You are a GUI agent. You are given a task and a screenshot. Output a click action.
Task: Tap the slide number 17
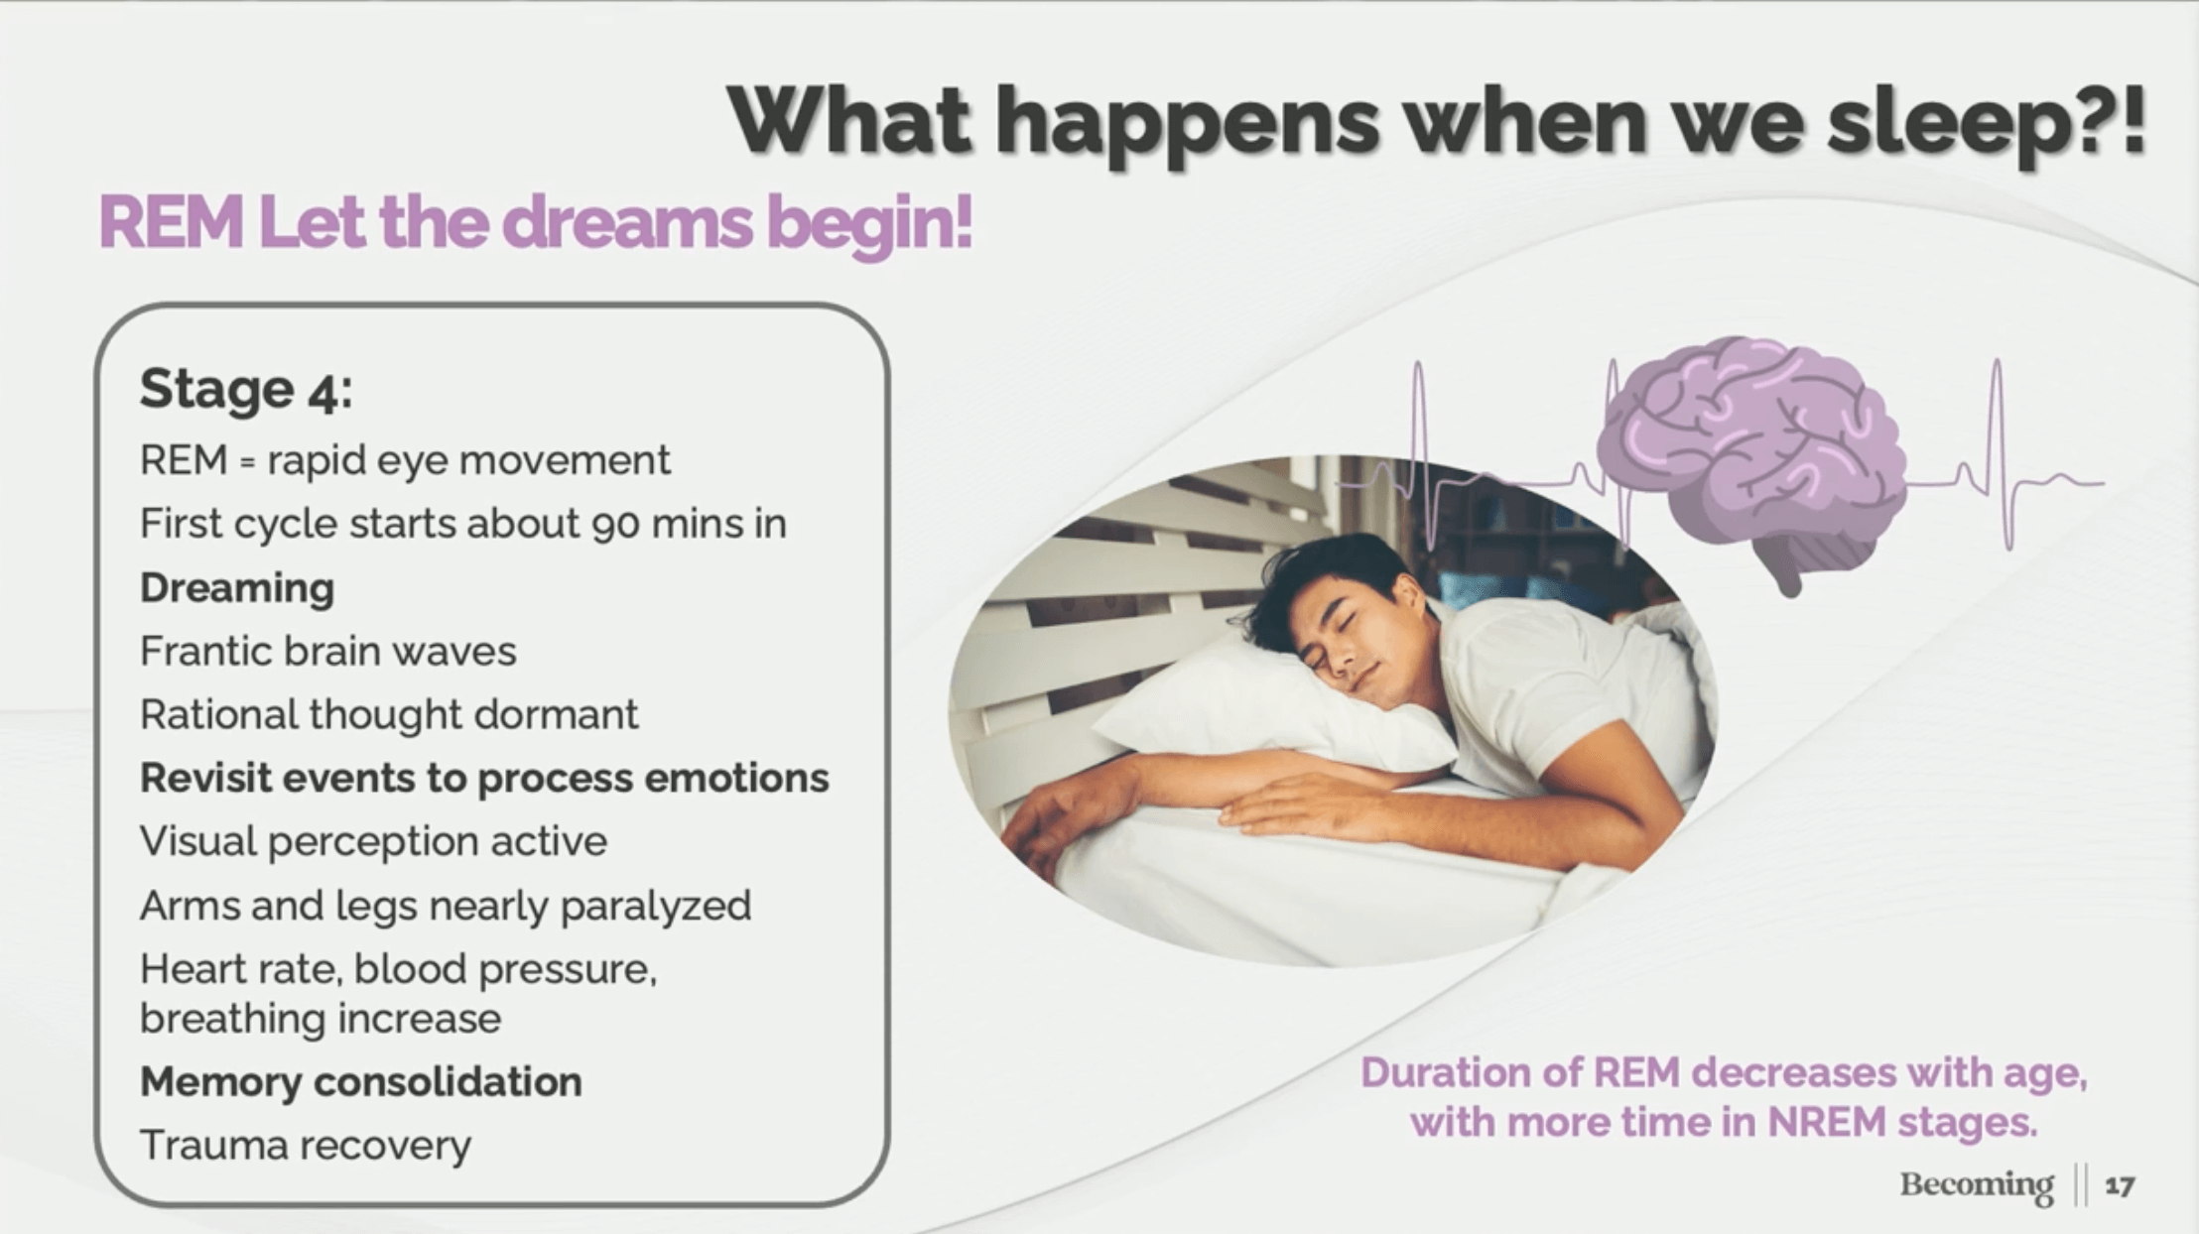pos(2120,1185)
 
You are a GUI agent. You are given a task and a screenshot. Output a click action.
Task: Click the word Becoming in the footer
pos(1977,1185)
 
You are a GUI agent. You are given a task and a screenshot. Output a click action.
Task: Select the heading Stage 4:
pos(246,388)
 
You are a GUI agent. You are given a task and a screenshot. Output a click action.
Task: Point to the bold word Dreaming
pos(237,588)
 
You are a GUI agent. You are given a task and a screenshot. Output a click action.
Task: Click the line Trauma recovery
pos(306,1145)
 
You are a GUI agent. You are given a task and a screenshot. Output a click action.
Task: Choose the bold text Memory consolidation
pos(361,1081)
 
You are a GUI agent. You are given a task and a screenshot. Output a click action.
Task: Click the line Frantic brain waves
pos(328,652)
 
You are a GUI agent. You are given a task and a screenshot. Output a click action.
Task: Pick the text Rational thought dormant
pos(389,714)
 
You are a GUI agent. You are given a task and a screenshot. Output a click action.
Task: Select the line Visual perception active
pos(373,842)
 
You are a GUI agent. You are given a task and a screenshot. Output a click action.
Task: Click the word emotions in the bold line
pos(737,779)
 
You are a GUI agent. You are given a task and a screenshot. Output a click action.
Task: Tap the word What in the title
pos(848,121)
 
